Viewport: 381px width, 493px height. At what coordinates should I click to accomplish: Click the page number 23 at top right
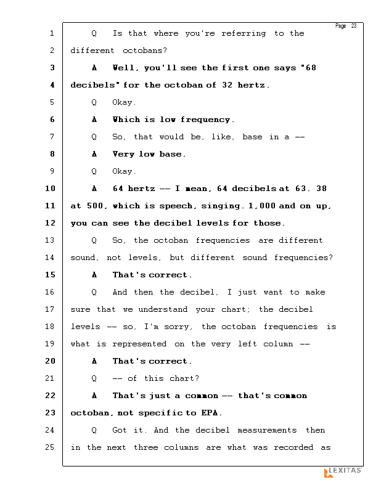354,26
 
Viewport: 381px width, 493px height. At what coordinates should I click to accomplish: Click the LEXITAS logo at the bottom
343,472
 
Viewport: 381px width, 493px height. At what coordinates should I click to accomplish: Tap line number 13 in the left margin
50,240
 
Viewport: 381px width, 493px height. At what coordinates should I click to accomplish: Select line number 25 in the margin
50,447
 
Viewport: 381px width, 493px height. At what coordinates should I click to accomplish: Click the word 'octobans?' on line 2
145,51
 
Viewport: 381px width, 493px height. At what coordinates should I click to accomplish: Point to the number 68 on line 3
311,68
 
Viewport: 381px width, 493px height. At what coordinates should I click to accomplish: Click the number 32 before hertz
227,85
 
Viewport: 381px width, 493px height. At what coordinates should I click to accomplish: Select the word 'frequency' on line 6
205,120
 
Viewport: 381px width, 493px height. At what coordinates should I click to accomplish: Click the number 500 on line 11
94,206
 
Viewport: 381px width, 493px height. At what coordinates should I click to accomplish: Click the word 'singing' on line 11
221,206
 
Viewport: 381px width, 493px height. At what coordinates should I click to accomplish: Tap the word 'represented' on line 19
139,344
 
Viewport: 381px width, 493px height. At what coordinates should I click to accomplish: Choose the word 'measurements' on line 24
267,430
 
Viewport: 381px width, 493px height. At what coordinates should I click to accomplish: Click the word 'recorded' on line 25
293,447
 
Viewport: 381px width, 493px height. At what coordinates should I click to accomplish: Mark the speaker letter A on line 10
94,189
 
